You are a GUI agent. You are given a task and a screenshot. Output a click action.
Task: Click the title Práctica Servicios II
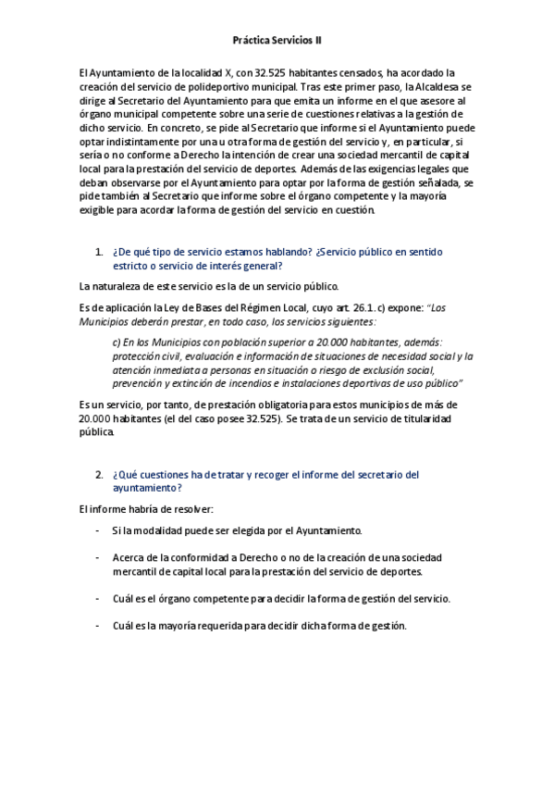(x=277, y=41)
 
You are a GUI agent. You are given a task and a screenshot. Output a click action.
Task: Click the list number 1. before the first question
(x=99, y=252)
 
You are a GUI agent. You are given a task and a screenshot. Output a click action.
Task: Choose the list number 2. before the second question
(x=99, y=475)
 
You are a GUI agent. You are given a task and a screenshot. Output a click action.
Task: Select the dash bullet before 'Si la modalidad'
(x=98, y=530)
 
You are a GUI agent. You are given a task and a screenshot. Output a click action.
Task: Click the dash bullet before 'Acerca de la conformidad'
(x=98, y=558)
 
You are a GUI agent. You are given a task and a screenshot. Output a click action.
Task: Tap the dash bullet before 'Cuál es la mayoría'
(x=98, y=626)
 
